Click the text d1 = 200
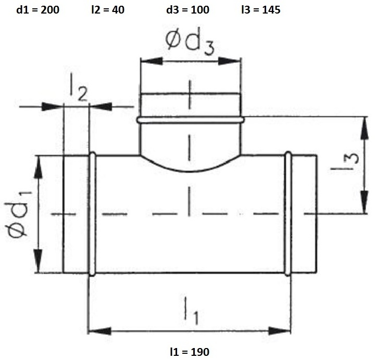(37, 10)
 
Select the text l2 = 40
(108, 10)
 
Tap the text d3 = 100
(188, 10)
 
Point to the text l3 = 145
(261, 10)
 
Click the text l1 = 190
(190, 352)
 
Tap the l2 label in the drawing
(79, 87)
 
